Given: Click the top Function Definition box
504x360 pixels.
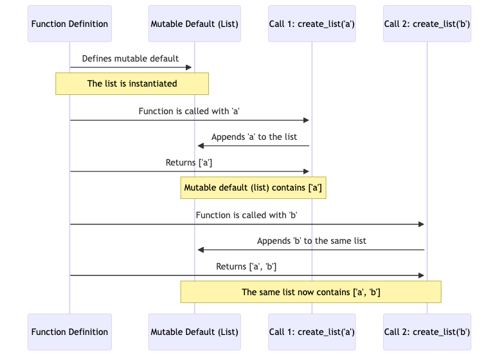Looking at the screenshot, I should pyautogui.click(x=69, y=24).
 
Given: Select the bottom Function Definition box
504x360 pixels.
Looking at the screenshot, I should pyautogui.click(x=69, y=332).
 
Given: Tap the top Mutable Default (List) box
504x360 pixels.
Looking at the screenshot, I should pyautogui.click(x=194, y=24).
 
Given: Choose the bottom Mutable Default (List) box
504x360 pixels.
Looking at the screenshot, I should pyautogui.click(x=194, y=332).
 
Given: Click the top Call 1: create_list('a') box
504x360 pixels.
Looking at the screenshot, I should pyautogui.click(x=312, y=24).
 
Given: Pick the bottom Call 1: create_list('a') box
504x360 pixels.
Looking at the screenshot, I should pyautogui.click(x=312, y=332).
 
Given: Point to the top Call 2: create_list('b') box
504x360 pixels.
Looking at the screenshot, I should pyautogui.click(x=427, y=24).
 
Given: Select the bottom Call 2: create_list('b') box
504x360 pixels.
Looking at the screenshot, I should pyautogui.click(x=427, y=332).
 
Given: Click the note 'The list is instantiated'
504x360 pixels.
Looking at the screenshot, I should pyautogui.click(x=132, y=83).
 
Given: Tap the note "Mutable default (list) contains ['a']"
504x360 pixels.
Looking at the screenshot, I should pyautogui.click(x=253, y=188).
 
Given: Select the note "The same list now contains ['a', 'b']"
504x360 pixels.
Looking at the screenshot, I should pyautogui.click(x=310, y=292).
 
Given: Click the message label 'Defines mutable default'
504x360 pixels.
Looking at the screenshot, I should pyautogui.click(x=130, y=58).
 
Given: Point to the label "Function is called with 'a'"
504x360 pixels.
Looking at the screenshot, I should pyautogui.click(x=190, y=111).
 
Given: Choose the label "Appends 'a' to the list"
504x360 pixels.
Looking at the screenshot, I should pyautogui.click(x=254, y=137).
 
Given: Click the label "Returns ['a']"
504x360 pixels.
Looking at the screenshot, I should pyautogui.click(x=189, y=162).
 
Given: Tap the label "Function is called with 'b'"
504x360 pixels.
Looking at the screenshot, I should pyautogui.click(x=246, y=215).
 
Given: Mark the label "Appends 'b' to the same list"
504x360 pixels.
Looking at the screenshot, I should pyautogui.click(x=312, y=241).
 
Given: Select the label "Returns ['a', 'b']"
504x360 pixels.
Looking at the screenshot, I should pyautogui.click(x=246, y=266).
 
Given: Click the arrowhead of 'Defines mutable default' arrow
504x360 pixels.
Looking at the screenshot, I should pyautogui.click(x=189, y=67).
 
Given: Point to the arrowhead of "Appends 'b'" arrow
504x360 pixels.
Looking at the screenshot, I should pyautogui.click(x=201, y=250).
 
